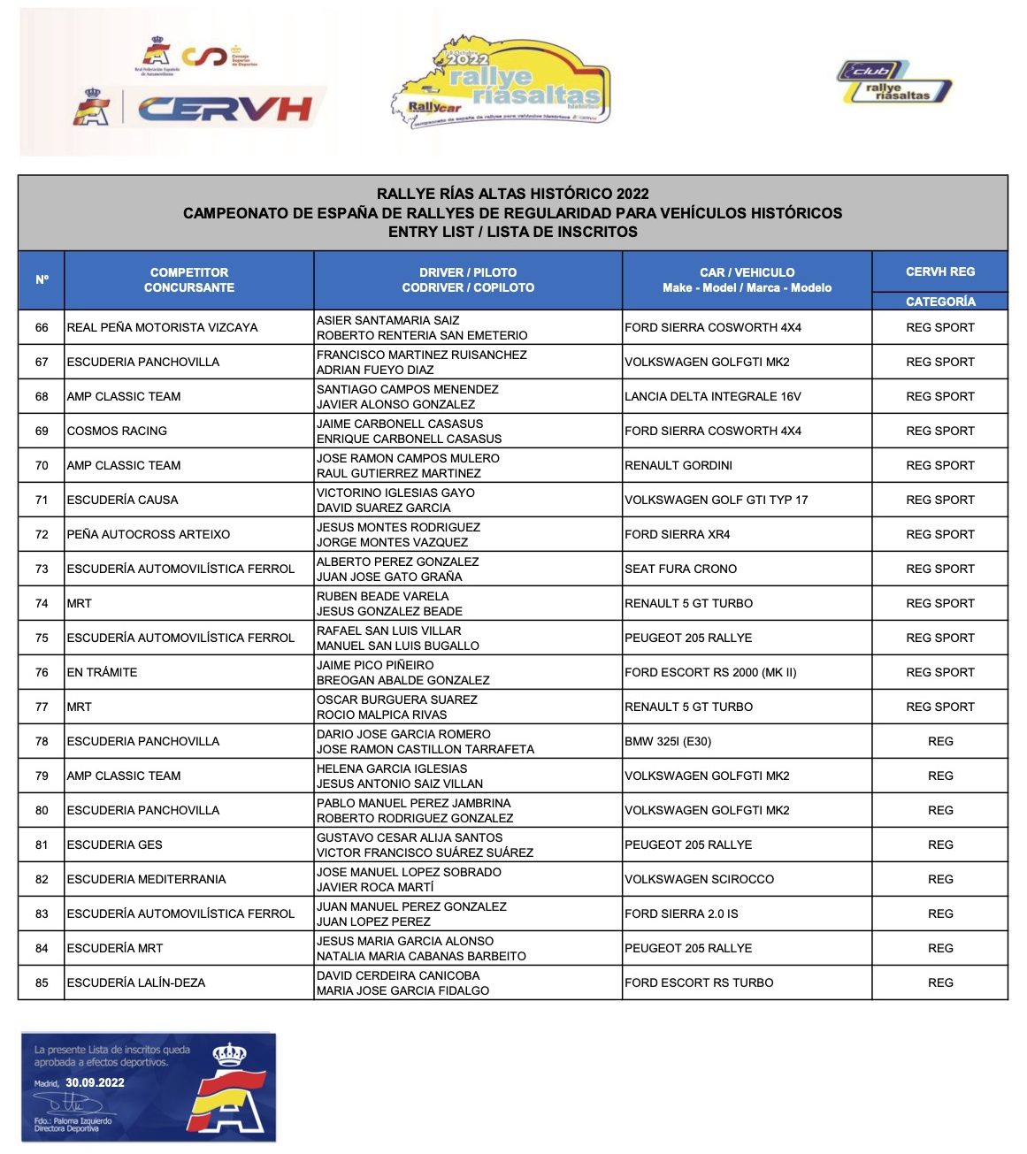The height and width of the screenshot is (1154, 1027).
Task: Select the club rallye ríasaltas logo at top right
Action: point(894,82)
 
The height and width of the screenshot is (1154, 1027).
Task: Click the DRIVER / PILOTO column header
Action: point(468,280)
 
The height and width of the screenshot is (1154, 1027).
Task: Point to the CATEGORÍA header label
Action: point(940,302)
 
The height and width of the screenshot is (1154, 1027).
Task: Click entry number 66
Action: point(42,327)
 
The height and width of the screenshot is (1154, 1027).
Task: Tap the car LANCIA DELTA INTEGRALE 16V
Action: point(712,396)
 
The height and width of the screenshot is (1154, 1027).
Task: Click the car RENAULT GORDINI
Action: point(678,465)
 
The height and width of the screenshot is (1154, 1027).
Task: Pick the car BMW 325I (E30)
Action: point(668,741)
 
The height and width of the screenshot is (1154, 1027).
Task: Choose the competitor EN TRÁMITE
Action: point(102,672)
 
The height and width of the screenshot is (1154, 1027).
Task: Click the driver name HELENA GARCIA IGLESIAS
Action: point(392,768)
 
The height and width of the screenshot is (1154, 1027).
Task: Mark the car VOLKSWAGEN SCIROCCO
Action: point(699,879)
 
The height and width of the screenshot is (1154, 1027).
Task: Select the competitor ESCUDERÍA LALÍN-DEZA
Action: point(136,982)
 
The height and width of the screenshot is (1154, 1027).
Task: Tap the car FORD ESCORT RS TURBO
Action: point(699,982)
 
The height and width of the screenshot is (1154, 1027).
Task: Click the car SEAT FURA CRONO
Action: point(680,569)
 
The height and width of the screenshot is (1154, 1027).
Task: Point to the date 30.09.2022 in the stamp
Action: point(95,1082)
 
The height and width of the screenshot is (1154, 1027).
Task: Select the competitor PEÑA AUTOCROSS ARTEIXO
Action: point(148,534)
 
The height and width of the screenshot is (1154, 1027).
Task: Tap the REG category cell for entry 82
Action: point(940,879)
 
